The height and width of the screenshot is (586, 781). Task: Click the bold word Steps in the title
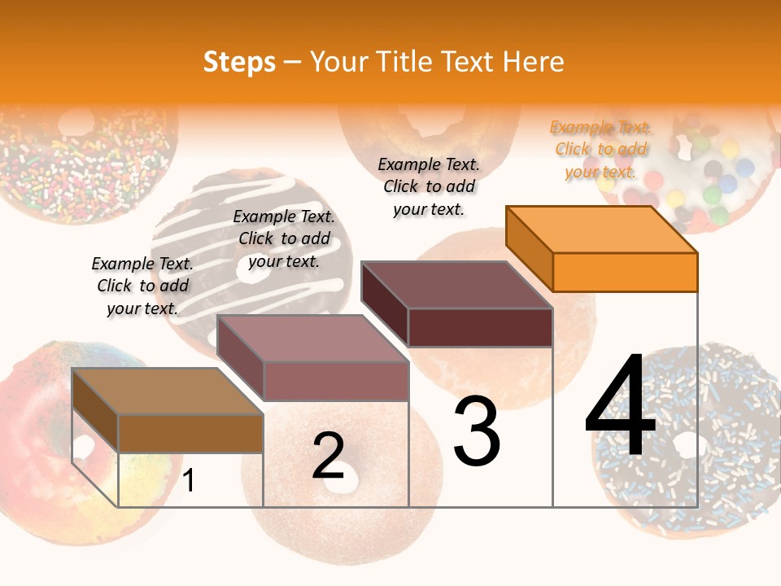tap(239, 62)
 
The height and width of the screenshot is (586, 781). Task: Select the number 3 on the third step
tap(477, 431)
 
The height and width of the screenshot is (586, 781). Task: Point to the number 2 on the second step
tap(329, 456)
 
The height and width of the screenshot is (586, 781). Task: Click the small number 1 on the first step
tap(189, 481)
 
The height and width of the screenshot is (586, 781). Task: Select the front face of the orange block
tap(625, 272)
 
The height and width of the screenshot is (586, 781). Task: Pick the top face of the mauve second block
tap(312, 338)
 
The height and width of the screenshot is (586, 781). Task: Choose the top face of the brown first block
tap(168, 391)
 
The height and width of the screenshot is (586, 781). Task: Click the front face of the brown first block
tap(190, 433)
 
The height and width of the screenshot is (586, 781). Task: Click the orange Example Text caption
tap(600, 150)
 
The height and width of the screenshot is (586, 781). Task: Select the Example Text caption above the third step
tap(429, 187)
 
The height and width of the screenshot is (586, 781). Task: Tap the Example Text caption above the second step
tap(284, 239)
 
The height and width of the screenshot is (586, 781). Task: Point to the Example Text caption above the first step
tap(142, 286)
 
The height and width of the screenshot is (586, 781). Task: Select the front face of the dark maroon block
tap(480, 328)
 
